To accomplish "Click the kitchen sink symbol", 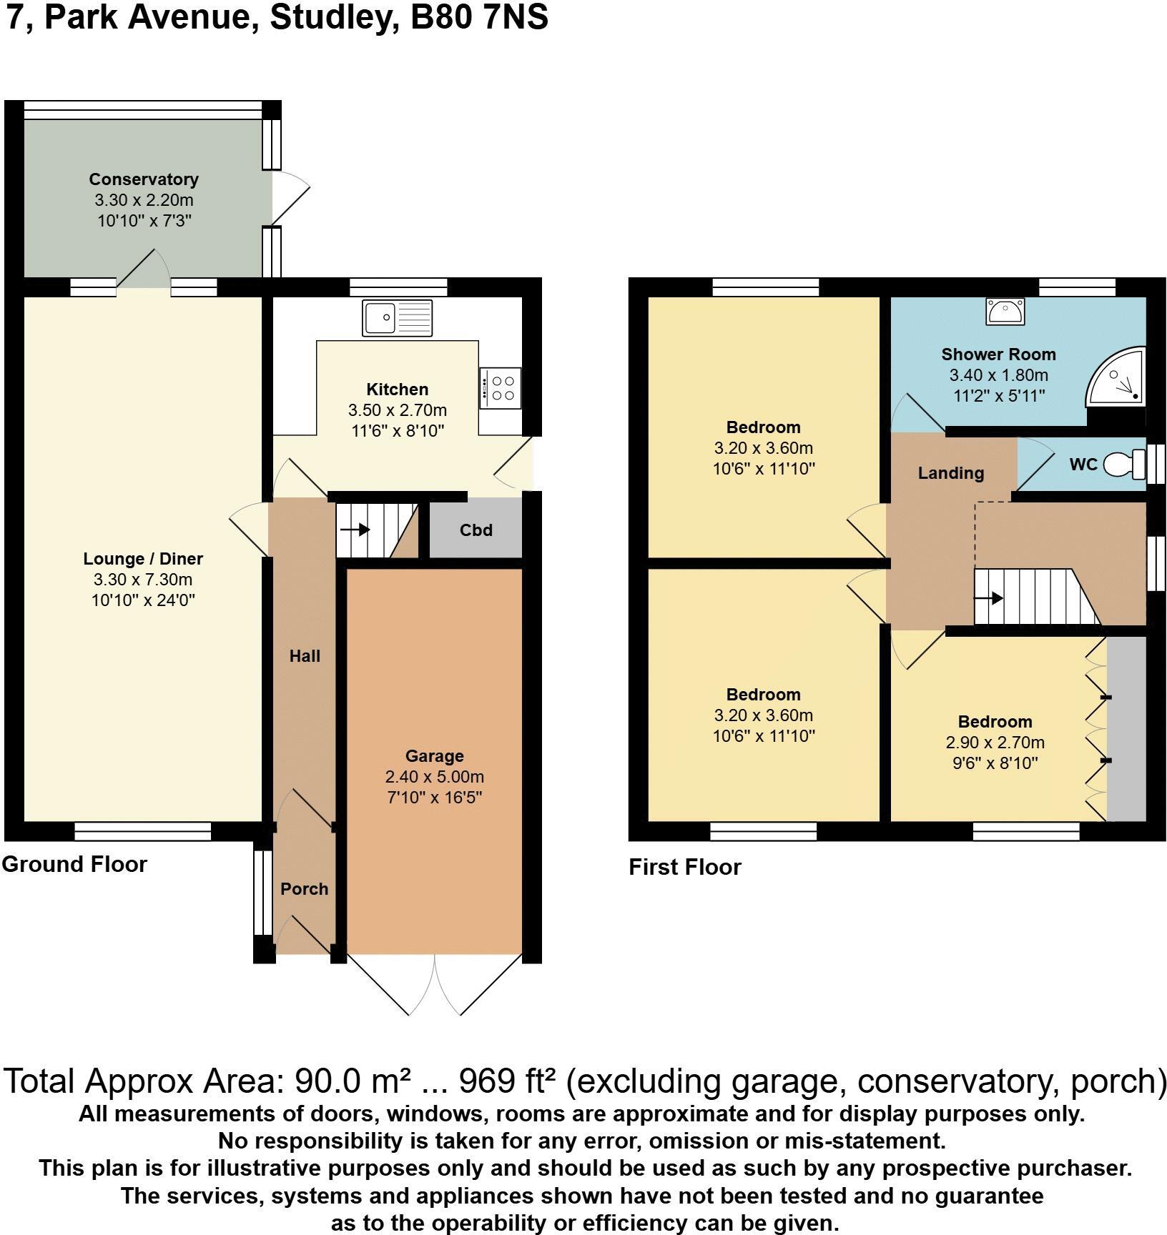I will pyautogui.click(x=398, y=318).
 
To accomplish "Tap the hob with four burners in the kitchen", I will pyautogui.click(x=501, y=387).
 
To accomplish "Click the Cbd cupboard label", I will pyautogui.click(x=476, y=530).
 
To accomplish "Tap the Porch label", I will pyautogui.click(x=304, y=889).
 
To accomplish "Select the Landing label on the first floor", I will pyautogui.click(x=950, y=473).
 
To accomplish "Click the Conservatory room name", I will pyautogui.click(x=143, y=179).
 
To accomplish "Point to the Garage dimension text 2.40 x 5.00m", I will pyautogui.click(x=434, y=777).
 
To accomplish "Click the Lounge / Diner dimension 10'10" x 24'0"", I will pyautogui.click(x=143, y=600).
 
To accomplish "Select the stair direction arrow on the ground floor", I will pyautogui.click(x=355, y=530).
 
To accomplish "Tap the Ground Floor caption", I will pyautogui.click(x=74, y=864).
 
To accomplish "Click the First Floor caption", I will pyautogui.click(x=684, y=867).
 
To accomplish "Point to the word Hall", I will pyautogui.click(x=305, y=656).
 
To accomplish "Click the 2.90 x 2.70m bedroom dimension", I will pyautogui.click(x=995, y=743).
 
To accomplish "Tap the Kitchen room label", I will pyautogui.click(x=397, y=390).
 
